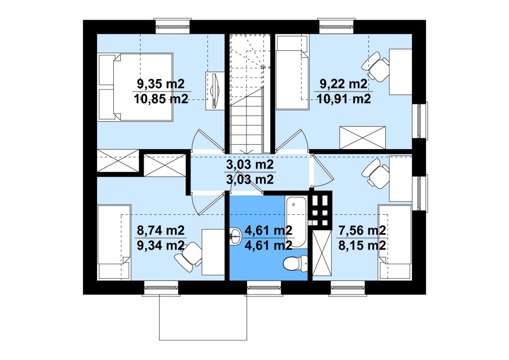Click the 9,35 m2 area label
pos(161,84)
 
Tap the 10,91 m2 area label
pos(344,98)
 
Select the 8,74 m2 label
pos(161,231)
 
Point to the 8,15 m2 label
pos(362,245)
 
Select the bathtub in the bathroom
pos(296,222)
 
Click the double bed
pos(135,88)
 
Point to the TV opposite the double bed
pos(215,90)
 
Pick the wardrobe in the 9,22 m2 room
pos(362,138)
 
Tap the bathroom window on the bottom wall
pos(263,288)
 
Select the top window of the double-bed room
pos(172,26)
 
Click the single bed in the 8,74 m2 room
pos(114,242)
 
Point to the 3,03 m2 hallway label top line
pos(250,165)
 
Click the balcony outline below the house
pos(203,340)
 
